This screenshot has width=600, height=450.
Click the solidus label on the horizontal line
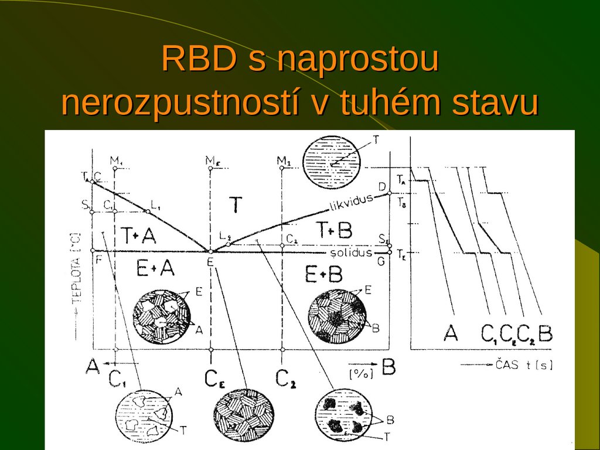pyautogui.click(x=350, y=253)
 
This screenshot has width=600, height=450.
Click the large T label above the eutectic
pyautogui.click(x=235, y=205)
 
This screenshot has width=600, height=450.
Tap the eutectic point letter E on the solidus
pyautogui.click(x=210, y=261)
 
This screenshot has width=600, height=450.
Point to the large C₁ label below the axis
pyautogui.click(x=117, y=380)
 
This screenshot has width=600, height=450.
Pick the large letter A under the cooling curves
pyautogui.click(x=451, y=333)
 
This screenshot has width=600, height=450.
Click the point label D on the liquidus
pyautogui.click(x=381, y=186)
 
